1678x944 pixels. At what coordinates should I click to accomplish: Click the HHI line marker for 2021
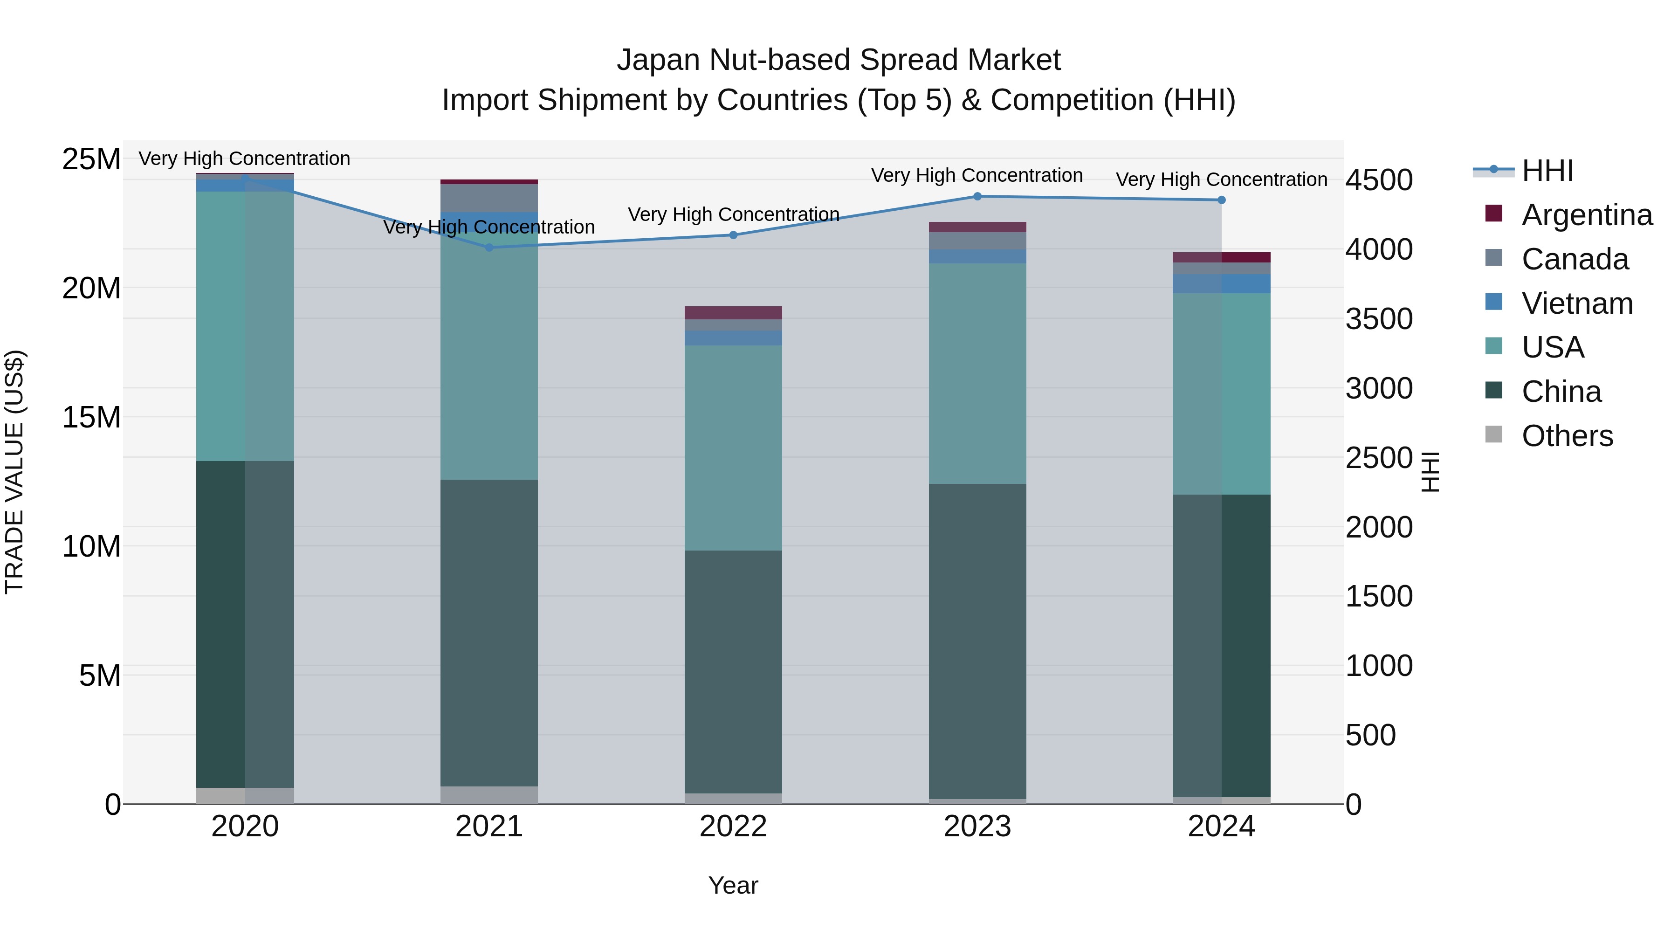[489, 248]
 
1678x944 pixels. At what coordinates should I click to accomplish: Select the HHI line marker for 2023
[977, 196]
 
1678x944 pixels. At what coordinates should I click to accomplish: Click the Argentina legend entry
[1587, 215]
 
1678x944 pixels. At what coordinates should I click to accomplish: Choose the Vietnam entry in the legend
[1577, 303]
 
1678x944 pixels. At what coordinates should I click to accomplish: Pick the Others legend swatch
[1494, 434]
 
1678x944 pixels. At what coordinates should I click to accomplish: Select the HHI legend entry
[1547, 171]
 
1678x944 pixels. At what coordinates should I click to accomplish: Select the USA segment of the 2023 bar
[977, 373]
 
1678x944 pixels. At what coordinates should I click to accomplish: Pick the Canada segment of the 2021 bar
[489, 198]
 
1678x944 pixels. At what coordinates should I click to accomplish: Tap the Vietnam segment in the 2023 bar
[977, 256]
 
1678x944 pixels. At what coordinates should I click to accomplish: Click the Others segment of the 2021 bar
[489, 795]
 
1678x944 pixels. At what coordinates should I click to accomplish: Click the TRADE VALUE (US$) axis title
[14, 472]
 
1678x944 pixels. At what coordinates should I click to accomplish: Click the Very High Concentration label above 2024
[1221, 179]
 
